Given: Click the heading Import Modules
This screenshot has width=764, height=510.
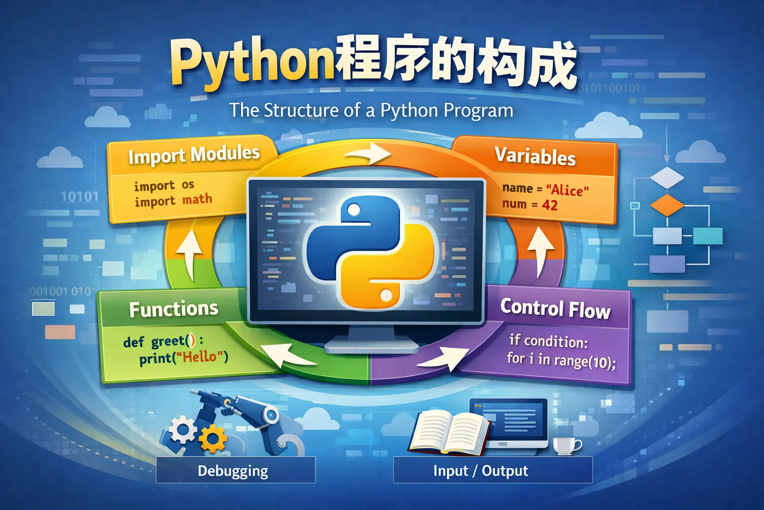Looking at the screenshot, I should click(194, 155).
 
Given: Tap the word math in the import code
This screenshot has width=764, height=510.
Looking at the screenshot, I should click(197, 200).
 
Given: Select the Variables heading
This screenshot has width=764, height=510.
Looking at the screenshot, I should click(535, 156).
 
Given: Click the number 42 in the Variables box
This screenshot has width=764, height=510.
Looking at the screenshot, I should click(550, 205).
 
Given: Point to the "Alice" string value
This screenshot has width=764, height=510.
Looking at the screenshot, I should click(567, 190).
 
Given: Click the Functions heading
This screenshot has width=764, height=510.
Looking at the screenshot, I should click(174, 309).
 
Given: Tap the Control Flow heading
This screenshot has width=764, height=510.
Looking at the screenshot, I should click(555, 308).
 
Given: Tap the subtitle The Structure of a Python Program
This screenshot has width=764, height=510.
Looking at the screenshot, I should click(371, 110).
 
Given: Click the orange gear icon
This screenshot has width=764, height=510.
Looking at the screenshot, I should click(213, 439).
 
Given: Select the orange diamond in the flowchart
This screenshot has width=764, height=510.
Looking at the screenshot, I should click(667, 205).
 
